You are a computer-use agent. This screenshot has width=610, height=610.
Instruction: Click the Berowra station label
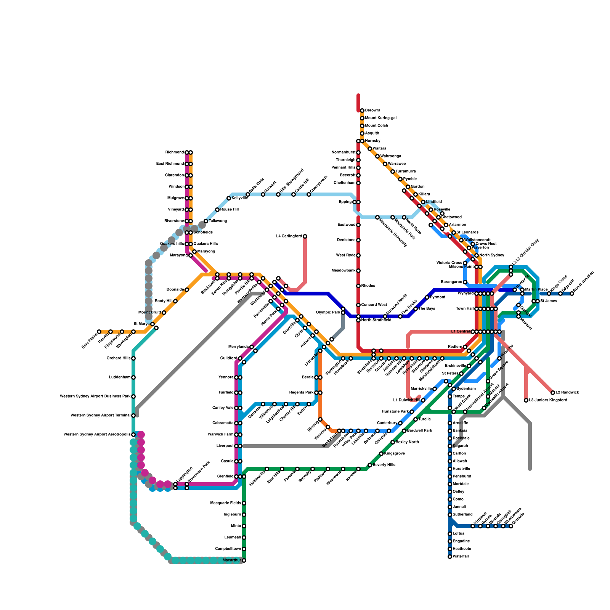(x=372, y=111)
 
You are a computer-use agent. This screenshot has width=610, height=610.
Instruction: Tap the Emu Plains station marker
(x=99, y=332)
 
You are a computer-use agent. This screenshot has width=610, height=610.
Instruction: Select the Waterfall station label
(x=461, y=557)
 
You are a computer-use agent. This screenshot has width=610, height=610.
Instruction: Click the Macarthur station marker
(x=244, y=560)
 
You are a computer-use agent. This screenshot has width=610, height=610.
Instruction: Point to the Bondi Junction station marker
(x=572, y=294)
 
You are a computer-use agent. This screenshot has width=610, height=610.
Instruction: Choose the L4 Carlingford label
(x=289, y=236)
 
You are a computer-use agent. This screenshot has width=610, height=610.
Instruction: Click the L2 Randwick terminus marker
(x=553, y=393)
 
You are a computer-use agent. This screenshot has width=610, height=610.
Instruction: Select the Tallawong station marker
(x=206, y=221)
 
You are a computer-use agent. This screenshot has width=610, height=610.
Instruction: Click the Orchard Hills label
(x=119, y=358)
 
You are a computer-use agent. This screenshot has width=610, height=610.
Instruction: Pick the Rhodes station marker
(x=358, y=286)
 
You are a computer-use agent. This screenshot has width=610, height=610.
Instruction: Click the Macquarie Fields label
(x=226, y=503)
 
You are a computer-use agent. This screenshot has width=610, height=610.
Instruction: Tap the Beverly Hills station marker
(x=370, y=465)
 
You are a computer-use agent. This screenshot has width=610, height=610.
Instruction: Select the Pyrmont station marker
(x=427, y=297)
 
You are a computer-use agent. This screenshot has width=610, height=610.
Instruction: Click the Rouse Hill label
(x=230, y=210)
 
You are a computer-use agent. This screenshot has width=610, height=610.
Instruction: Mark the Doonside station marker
(x=187, y=290)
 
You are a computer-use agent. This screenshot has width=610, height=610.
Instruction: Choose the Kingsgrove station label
(x=395, y=454)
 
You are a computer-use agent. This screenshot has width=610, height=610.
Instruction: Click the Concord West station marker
(x=358, y=305)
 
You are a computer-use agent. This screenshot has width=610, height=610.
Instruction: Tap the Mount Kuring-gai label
(x=381, y=118)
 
